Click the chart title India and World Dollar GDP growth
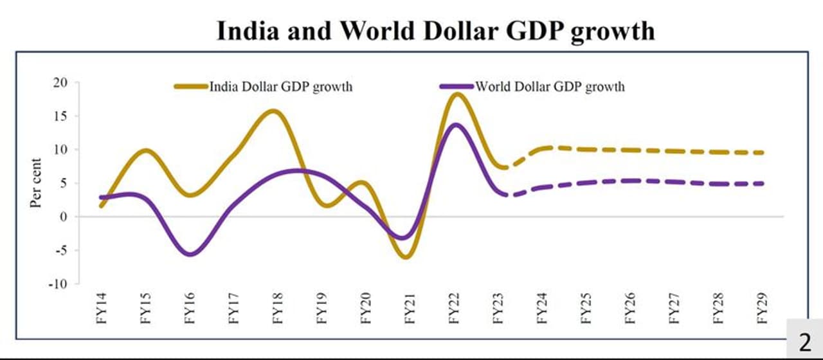[x=435, y=30]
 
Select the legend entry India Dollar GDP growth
[x=280, y=86]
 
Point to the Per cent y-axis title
[x=36, y=183]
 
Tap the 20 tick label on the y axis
[x=60, y=83]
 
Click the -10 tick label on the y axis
[x=59, y=283]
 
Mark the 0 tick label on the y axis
[x=64, y=217]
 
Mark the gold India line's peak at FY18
[x=273, y=112]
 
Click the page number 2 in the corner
[x=804, y=341]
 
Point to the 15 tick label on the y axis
[x=60, y=116]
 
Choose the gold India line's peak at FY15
[x=147, y=152]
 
